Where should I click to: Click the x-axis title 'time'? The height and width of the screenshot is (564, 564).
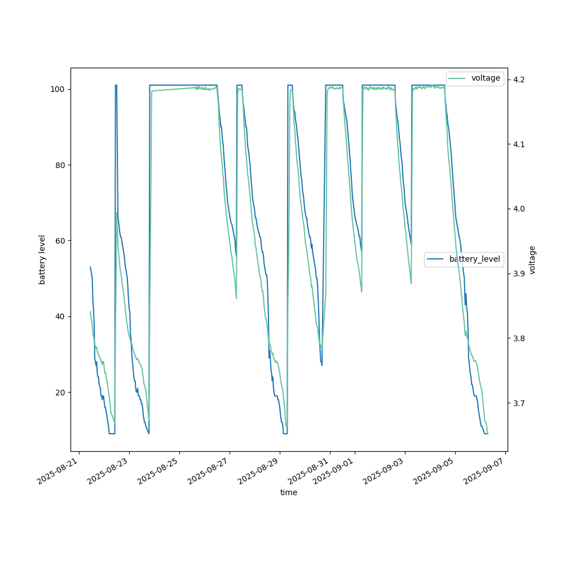(x=289, y=492)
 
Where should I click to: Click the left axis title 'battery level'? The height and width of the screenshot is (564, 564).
(x=42, y=259)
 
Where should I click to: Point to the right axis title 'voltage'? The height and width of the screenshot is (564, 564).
(x=532, y=259)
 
